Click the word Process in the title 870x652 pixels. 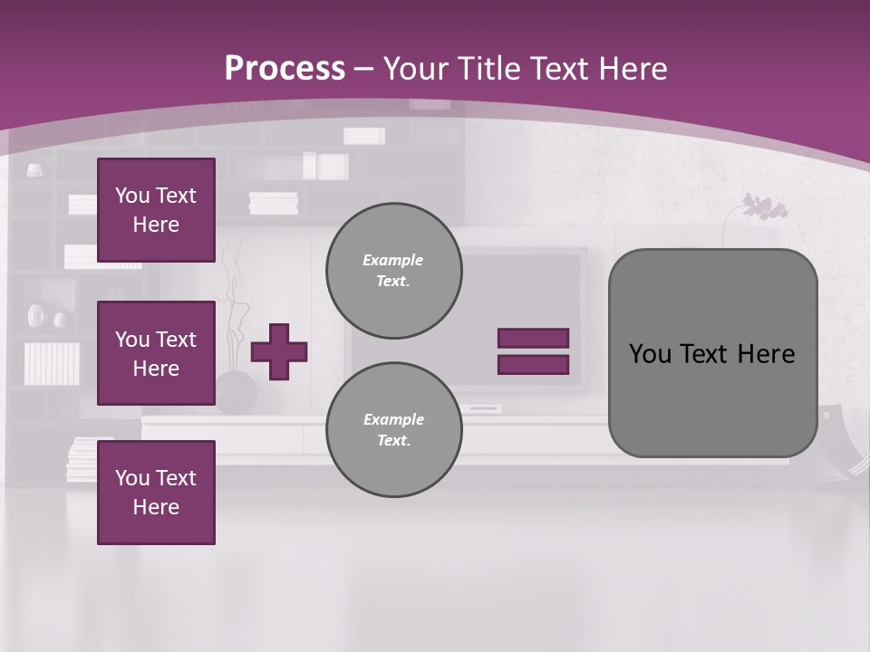(x=285, y=69)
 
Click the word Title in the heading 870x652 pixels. (x=490, y=69)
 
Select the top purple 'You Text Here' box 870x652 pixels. (x=156, y=210)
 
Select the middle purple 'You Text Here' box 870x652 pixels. (x=156, y=353)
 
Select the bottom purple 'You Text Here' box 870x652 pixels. (x=156, y=492)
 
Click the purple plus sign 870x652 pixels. (x=279, y=351)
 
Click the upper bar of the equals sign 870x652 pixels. (x=533, y=338)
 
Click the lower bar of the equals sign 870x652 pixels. (x=533, y=364)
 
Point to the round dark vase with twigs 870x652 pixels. (x=236, y=391)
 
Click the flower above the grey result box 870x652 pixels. (x=765, y=207)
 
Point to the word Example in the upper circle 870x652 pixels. (x=393, y=260)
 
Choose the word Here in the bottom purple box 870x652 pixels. (x=156, y=507)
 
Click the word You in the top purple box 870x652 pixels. (x=130, y=196)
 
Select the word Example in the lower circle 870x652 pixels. (x=393, y=419)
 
